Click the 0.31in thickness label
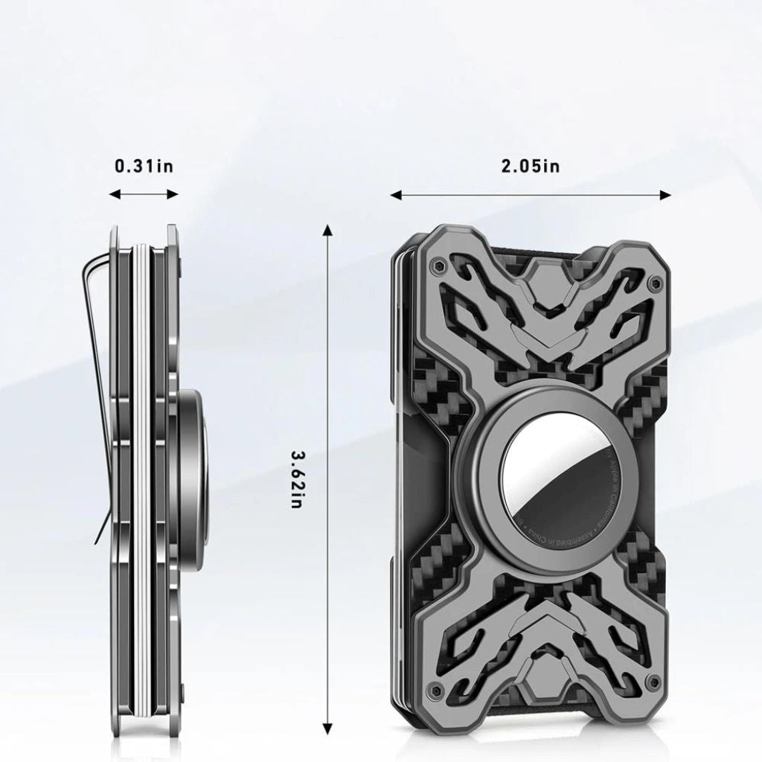[x=144, y=165]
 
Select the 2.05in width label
[x=530, y=165]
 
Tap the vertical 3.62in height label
[x=295, y=479]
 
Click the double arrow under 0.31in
[x=144, y=194]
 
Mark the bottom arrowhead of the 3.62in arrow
[x=326, y=728]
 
